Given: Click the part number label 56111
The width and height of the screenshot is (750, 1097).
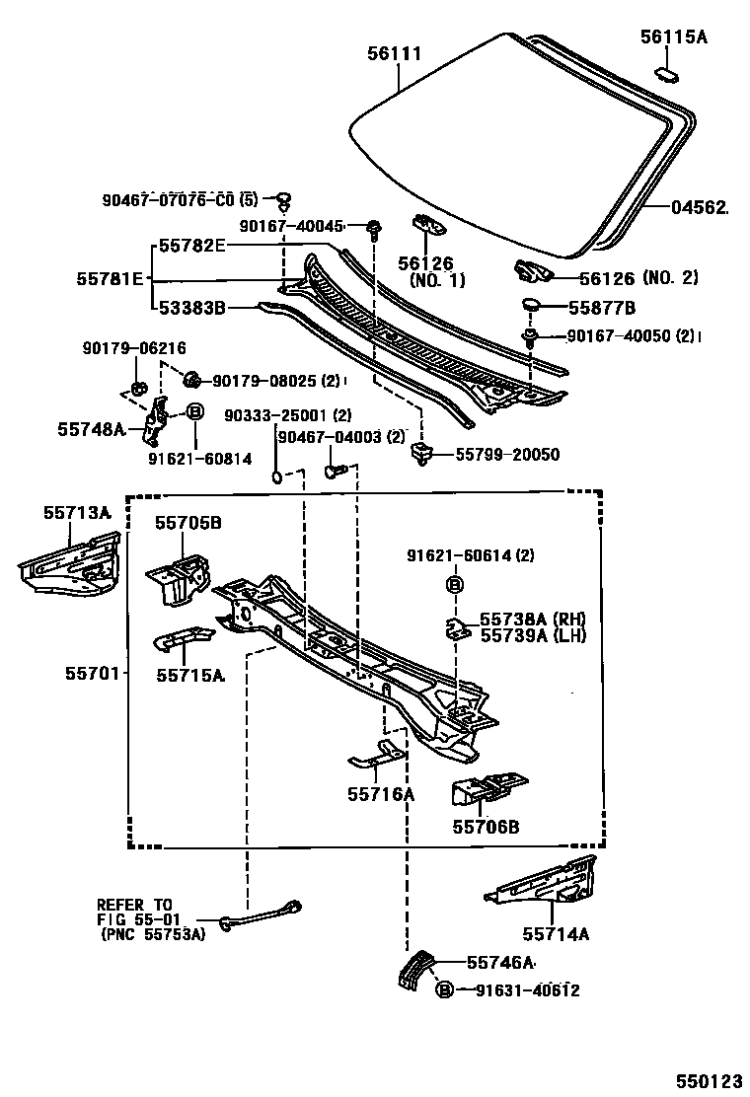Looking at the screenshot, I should pyautogui.click(x=395, y=53).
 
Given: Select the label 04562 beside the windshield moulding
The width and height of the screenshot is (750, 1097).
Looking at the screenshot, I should pyautogui.click(x=700, y=207).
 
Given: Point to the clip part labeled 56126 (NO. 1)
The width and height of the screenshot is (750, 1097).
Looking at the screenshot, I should pyautogui.click(x=429, y=225).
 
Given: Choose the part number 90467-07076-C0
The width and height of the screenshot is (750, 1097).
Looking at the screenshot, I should pyautogui.click(x=168, y=200).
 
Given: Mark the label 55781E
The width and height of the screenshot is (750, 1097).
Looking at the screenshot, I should pyautogui.click(x=109, y=278).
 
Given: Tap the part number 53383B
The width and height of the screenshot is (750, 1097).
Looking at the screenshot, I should pyautogui.click(x=191, y=309).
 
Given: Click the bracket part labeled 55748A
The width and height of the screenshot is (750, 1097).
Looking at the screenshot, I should pyautogui.click(x=155, y=419).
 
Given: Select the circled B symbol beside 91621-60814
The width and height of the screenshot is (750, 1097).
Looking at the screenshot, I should pyautogui.click(x=194, y=412).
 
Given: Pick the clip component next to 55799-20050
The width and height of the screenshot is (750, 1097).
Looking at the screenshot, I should pyautogui.click(x=421, y=454).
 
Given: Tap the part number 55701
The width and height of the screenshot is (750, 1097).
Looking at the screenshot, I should pyautogui.click(x=93, y=674).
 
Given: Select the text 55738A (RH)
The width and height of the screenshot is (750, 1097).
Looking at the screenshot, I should pyautogui.click(x=532, y=619).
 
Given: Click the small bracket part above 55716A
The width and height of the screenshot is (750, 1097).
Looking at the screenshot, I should pyautogui.click(x=378, y=757).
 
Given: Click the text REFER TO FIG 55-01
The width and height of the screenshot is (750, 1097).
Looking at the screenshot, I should pyautogui.click(x=134, y=911).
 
